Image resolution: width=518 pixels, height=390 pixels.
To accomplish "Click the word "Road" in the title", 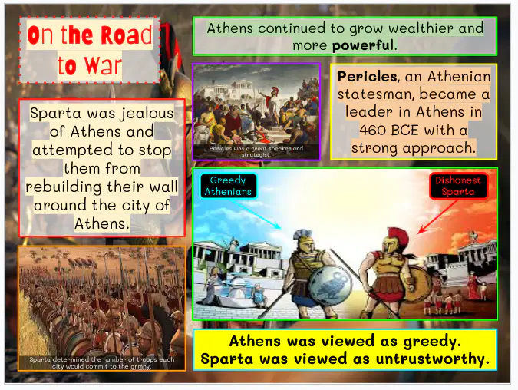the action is point(126,35).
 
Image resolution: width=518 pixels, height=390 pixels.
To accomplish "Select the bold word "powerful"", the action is point(363,45).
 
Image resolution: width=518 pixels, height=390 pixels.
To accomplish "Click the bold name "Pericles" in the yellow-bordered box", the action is point(367,77).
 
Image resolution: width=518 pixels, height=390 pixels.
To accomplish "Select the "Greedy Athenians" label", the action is point(228,186).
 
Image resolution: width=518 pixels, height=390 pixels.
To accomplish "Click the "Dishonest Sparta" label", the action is point(458,186).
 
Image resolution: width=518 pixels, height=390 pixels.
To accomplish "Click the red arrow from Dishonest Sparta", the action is point(437,216).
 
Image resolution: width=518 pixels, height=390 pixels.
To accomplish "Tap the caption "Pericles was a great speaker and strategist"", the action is point(256,151).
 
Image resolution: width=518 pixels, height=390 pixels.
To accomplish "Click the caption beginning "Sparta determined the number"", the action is point(101,362).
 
